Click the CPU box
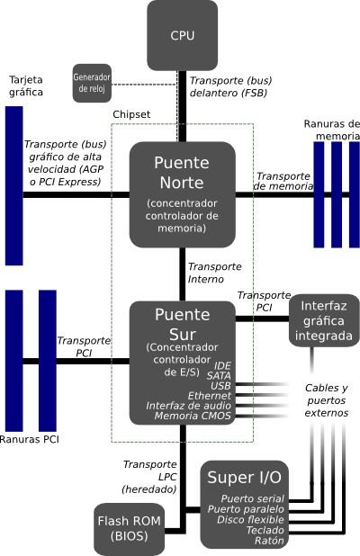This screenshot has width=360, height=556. tap(183, 35)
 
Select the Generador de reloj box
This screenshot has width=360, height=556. tap(92, 84)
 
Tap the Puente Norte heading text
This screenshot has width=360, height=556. tap(182, 173)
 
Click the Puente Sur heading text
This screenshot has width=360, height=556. tap(183, 325)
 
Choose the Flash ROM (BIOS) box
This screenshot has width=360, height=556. tap(129, 529)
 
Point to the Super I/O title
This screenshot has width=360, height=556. tap(245, 478)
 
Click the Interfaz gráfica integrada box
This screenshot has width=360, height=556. tap(324, 320)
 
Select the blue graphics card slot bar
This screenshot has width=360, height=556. tap(14, 185)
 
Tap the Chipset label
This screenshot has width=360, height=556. tap(131, 114)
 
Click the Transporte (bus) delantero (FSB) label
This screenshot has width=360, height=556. tap(231, 86)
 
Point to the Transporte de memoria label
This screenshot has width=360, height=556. tap(283, 181)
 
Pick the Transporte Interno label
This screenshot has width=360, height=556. tap(214, 273)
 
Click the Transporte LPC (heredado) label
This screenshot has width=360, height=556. tap(149, 477)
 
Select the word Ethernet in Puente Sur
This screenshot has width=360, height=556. tap(210, 396)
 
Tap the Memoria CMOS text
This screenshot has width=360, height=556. tap(193, 416)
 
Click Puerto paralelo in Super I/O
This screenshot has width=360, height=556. tap(246, 509)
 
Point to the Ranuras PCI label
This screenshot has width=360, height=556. tap(29, 440)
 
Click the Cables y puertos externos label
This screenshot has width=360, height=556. tap(327, 400)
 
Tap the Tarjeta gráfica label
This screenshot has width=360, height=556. tap(26, 85)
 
